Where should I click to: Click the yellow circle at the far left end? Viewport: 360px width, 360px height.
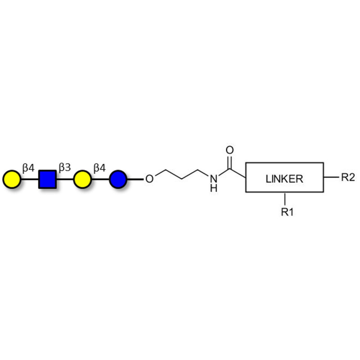pos(12,179)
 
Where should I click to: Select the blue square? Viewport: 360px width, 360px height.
pos(48,179)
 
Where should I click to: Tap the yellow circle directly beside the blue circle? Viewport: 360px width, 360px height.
pos(82,179)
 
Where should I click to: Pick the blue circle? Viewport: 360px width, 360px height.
pos(118,179)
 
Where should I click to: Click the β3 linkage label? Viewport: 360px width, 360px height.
pos(65,167)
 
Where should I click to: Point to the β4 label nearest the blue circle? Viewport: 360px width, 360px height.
pos(99,168)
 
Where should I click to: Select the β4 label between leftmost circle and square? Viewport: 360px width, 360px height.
pos(28,168)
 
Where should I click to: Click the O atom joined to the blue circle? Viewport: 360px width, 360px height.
pos(149,179)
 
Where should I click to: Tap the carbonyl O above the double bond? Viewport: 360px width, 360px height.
pos(229,150)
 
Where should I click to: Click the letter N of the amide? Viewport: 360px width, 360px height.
pos(213,179)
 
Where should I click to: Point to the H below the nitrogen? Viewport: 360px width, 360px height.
pos(213,188)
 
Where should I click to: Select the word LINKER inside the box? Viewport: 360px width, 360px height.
pos(284,179)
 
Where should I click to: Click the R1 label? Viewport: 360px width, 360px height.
pos(287,212)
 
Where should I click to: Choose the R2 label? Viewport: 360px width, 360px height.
pos(348,177)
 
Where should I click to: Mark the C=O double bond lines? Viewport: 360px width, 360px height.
pos(229,163)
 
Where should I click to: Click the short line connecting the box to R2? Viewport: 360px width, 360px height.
pos(331,177)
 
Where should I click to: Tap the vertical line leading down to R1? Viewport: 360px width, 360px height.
pos(285,199)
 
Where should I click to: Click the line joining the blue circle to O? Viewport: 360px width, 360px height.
pos(135,179)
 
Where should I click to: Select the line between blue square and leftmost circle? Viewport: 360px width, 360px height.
pos(30,179)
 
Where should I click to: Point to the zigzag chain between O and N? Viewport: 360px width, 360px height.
pos(182,174)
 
